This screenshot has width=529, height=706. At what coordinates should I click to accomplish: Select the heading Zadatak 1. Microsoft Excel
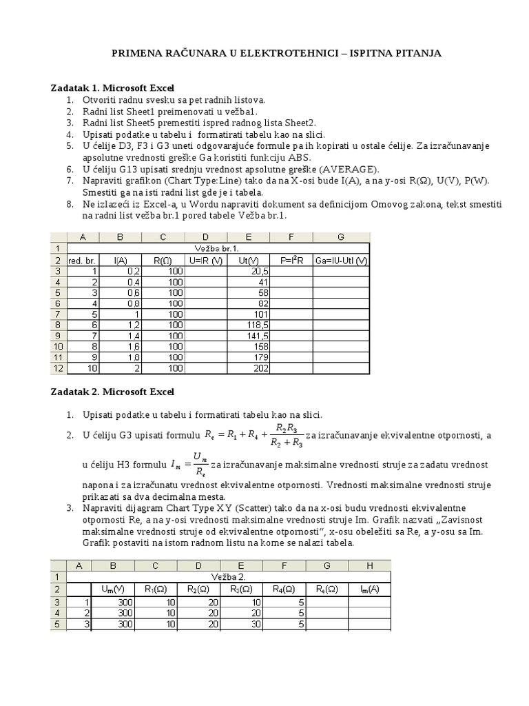(113, 88)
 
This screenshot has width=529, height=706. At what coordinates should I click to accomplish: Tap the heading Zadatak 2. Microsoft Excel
(113, 392)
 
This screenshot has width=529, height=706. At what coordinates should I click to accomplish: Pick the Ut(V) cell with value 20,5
(248, 271)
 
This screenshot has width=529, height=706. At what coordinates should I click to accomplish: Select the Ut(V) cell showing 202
(248, 368)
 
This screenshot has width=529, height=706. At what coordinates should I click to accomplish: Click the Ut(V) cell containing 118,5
(248, 325)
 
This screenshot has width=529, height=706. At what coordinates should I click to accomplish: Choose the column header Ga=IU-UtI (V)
(341, 260)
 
